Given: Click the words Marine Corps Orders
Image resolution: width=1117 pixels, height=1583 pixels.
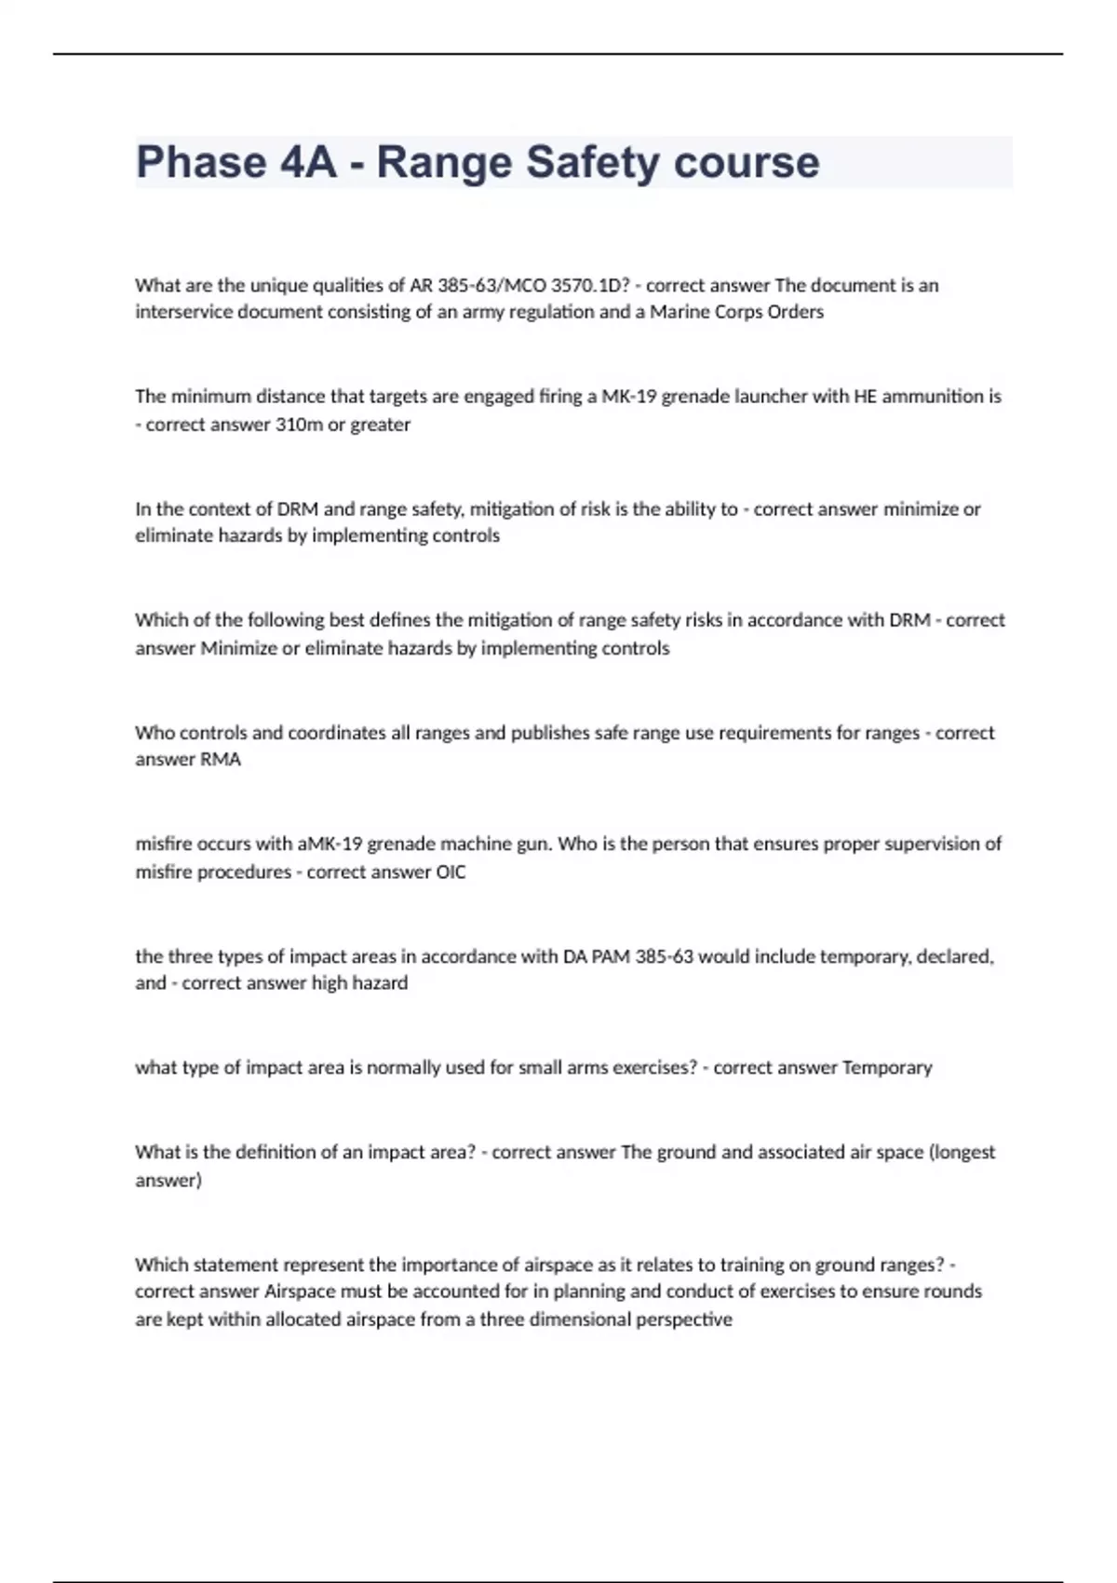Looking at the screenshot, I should tap(736, 312).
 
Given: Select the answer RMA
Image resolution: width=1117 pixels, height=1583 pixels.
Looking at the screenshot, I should tap(221, 760).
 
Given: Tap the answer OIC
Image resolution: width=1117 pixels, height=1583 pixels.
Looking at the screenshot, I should tap(451, 873).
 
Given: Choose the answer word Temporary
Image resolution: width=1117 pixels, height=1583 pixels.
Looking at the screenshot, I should tap(886, 1067).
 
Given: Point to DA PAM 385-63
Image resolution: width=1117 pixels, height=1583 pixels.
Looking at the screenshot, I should tap(628, 956).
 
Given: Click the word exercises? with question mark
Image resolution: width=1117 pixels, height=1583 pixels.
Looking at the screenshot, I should tap(653, 1067).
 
